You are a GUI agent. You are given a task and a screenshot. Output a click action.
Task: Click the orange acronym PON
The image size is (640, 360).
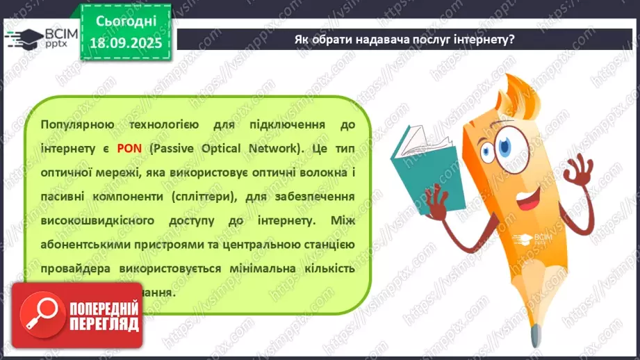click(x=129, y=148)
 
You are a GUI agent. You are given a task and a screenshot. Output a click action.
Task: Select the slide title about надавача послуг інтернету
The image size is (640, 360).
click(x=404, y=40)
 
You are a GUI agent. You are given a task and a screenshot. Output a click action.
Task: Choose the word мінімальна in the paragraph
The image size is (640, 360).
click(x=263, y=268)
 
